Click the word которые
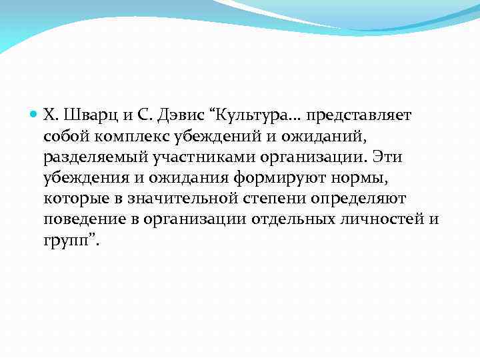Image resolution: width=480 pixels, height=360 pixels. click(x=69, y=199)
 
